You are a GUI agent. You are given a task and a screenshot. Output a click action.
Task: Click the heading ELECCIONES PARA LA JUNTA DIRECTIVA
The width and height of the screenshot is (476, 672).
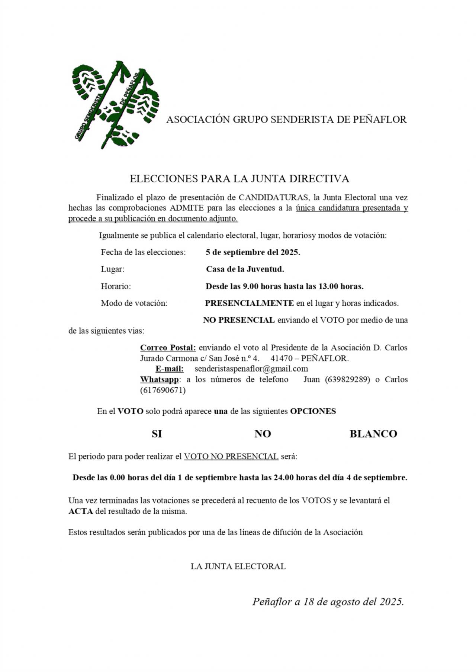[239, 179]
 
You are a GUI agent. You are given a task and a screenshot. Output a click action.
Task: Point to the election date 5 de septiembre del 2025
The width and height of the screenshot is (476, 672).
[253, 252]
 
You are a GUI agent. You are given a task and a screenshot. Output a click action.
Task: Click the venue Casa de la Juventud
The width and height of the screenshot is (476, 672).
[245, 269]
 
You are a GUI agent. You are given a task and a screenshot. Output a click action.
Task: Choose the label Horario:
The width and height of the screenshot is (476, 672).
[116, 286]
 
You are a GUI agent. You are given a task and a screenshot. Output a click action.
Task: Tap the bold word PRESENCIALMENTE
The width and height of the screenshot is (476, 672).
[249, 303]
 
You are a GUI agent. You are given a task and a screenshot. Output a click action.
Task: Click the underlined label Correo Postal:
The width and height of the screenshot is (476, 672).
[168, 348]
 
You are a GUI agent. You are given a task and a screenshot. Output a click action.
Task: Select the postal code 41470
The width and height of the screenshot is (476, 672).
[281, 358]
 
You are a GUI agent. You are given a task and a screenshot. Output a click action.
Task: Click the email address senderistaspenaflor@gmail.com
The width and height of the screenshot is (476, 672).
[251, 369]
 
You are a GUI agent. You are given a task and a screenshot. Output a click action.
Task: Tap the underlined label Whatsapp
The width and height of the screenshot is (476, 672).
[159, 380]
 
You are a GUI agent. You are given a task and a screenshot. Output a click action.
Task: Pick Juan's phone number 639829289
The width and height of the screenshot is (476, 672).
[347, 380]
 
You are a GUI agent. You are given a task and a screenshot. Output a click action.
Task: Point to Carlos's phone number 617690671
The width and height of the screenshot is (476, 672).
[163, 390]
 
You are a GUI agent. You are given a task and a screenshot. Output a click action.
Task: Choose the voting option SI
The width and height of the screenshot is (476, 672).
[157, 434]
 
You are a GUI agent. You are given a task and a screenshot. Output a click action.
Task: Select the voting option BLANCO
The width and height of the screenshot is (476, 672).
[373, 434]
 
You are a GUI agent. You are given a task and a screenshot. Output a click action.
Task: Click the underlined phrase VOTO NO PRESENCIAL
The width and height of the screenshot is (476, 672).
[231, 457]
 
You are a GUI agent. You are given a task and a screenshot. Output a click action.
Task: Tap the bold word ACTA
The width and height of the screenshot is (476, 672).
[80, 511]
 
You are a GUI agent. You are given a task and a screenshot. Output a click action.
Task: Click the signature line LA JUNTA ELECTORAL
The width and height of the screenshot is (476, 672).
[238, 567]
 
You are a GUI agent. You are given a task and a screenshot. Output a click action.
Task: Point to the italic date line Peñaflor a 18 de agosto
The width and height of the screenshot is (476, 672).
[328, 602]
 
